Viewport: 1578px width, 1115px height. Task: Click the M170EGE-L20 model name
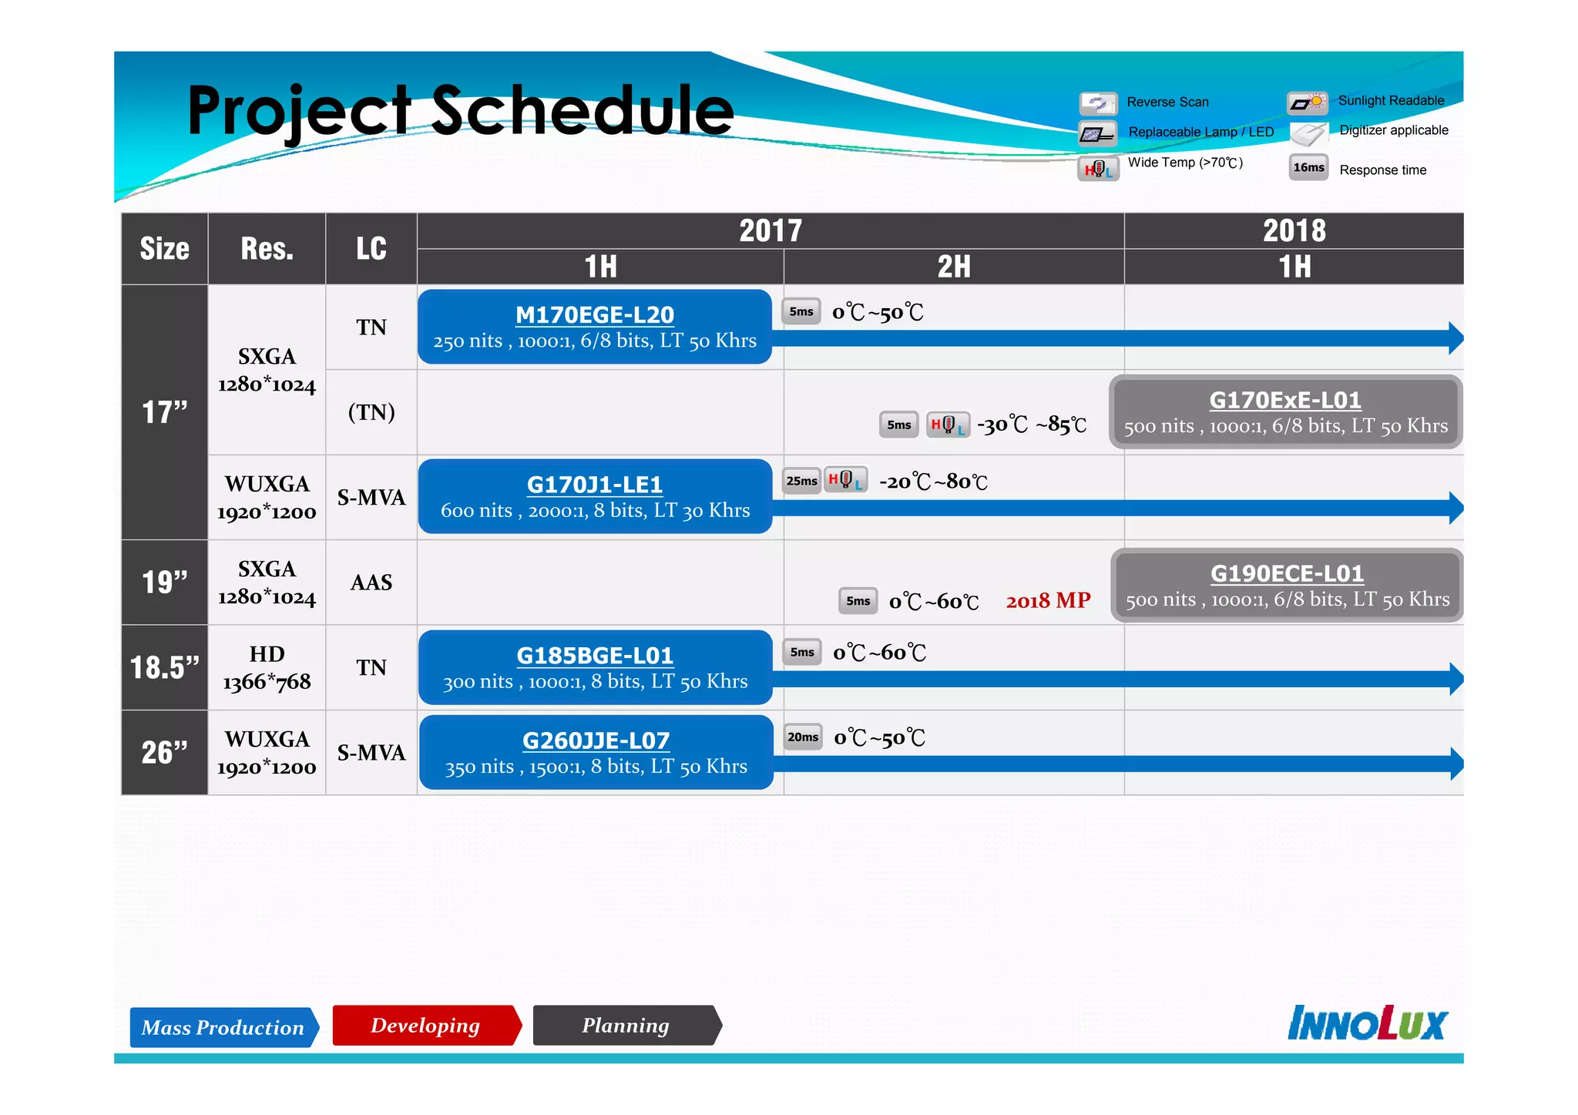(x=594, y=314)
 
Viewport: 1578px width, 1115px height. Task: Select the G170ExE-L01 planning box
(x=1285, y=412)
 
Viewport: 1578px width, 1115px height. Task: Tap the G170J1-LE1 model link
(x=594, y=484)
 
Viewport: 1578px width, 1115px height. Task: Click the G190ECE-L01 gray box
(x=1287, y=586)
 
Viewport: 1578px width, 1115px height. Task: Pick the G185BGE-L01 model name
(x=594, y=655)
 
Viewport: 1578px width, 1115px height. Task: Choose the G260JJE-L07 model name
(x=596, y=740)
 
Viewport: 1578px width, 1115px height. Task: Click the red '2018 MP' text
(x=1048, y=600)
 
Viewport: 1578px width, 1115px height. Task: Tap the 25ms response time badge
(x=801, y=481)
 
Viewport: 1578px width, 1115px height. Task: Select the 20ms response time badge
(x=803, y=737)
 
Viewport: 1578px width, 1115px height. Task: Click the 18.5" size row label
(x=164, y=667)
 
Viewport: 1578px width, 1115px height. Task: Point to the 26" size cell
(x=164, y=752)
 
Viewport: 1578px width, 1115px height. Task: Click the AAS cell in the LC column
(x=371, y=583)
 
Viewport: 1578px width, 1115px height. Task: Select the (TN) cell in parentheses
(x=371, y=412)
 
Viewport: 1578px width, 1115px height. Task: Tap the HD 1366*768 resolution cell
(x=267, y=667)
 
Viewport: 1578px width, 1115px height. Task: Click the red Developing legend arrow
(x=426, y=1025)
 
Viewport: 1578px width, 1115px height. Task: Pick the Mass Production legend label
(x=223, y=1027)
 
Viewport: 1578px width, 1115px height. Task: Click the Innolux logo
(x=1367, y=1023)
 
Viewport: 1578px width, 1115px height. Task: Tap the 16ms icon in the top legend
(x=1308, y=167)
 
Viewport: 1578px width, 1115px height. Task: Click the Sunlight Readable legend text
(x=1391, y=100)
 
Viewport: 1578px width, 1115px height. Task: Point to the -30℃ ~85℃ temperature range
(x=1031, y=425)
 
